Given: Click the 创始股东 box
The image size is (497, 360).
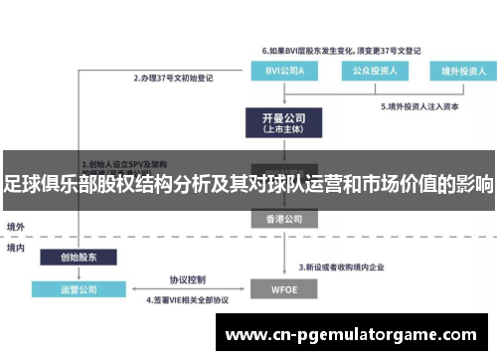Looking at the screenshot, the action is click(x=77, y=257).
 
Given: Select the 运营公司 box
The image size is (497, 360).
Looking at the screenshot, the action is click(x=77, y=291).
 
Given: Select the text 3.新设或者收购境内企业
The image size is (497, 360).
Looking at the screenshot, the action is click(x=350, y=267).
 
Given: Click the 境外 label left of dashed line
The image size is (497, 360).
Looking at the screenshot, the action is click(x=17, y=226).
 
